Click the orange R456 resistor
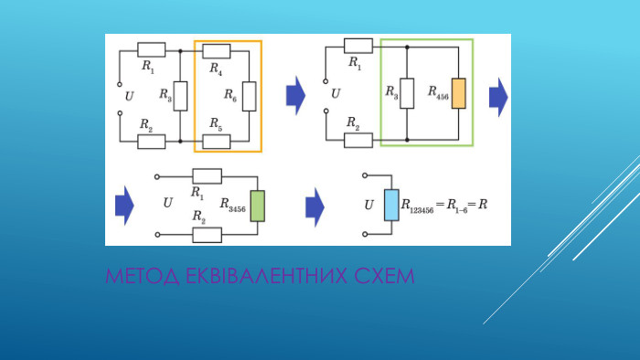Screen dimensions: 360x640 coord(458,93)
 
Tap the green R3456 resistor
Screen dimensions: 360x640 coord(257,206)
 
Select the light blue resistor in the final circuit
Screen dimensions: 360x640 coord(391,206)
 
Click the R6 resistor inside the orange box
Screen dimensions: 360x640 coord(249,95)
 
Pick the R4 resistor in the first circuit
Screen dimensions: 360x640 coord(216,50)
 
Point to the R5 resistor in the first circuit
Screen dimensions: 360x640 coord(216,141)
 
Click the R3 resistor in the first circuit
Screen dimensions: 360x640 coord(180,95)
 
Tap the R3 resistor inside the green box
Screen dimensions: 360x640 coord(408,93)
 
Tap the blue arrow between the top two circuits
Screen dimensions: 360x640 coord(295,92)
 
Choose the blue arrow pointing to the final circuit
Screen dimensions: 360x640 coord(314,206)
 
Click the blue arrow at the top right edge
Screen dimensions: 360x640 coord(497,92)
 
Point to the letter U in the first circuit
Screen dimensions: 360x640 coord(128,95)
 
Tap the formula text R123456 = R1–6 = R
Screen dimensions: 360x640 coord(444,206)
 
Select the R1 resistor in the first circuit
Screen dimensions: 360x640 coord(151,50)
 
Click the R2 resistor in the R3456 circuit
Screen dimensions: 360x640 coord(208,235)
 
